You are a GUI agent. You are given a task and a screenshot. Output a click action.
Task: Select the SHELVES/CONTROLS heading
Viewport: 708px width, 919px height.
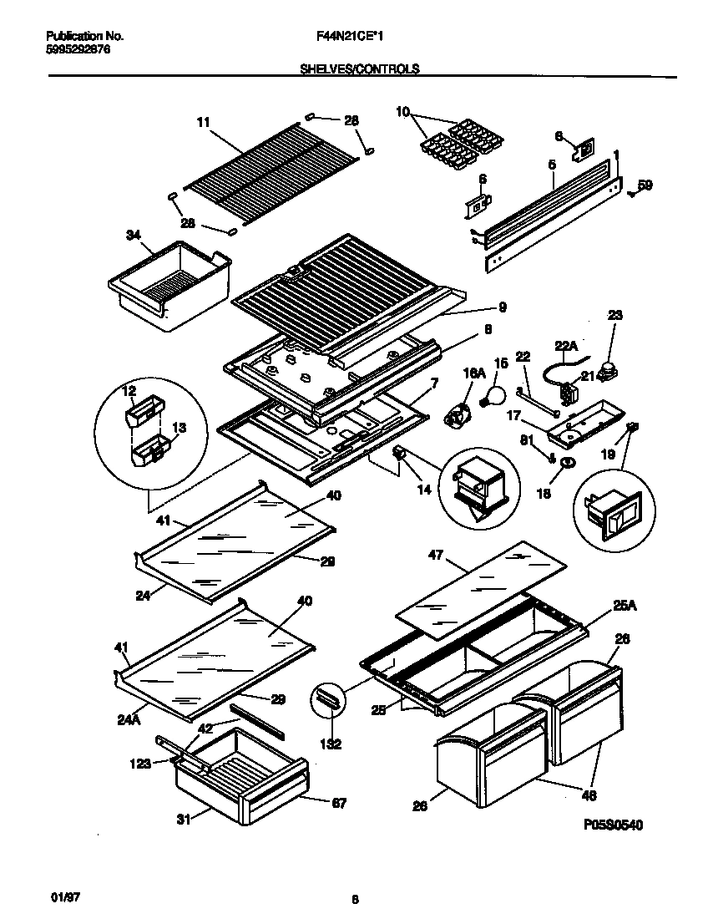359,71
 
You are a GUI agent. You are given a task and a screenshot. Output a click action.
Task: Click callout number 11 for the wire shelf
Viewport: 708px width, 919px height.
203,122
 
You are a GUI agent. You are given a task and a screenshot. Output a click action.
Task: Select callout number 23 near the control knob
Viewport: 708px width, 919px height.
614,316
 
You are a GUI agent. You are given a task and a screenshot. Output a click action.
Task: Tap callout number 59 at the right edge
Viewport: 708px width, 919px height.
645,185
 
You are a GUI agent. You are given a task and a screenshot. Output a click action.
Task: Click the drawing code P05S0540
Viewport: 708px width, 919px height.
613,825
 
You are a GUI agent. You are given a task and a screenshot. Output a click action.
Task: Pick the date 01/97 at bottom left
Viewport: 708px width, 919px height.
53,895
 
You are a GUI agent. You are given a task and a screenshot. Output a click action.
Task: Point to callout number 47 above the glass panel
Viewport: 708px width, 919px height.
435,554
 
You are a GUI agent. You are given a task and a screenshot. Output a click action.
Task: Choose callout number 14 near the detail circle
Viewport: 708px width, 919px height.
424,490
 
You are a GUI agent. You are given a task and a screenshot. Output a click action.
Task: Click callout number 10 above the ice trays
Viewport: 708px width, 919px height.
402,111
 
